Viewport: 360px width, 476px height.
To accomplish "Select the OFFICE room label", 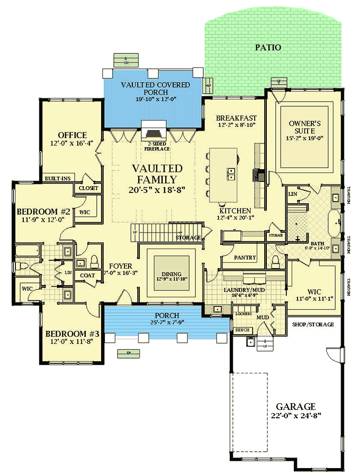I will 72,135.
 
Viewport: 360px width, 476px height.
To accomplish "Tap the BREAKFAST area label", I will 237,118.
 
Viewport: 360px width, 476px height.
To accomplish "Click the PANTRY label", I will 245,258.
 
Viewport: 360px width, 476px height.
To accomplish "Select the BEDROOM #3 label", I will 72,334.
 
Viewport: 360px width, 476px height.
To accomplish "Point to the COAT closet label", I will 87,275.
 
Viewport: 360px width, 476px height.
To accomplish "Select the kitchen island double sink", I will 231,172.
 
